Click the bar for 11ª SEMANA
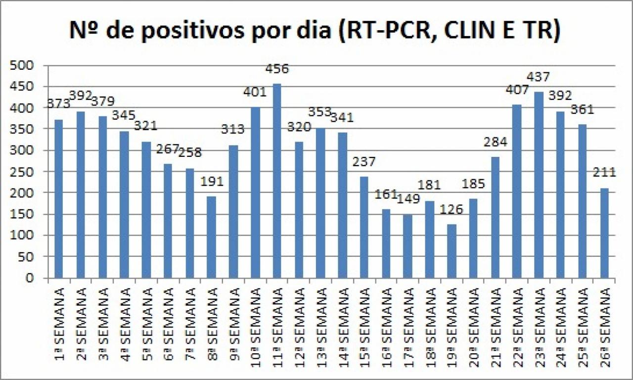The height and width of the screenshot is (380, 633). [x=277, y=181]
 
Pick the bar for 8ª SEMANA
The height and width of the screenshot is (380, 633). [x=212, y=237]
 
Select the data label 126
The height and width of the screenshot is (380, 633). [x=451, y=209]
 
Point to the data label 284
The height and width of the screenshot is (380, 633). [x=495, y=142]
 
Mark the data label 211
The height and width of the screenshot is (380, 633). [x=604, y=173]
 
